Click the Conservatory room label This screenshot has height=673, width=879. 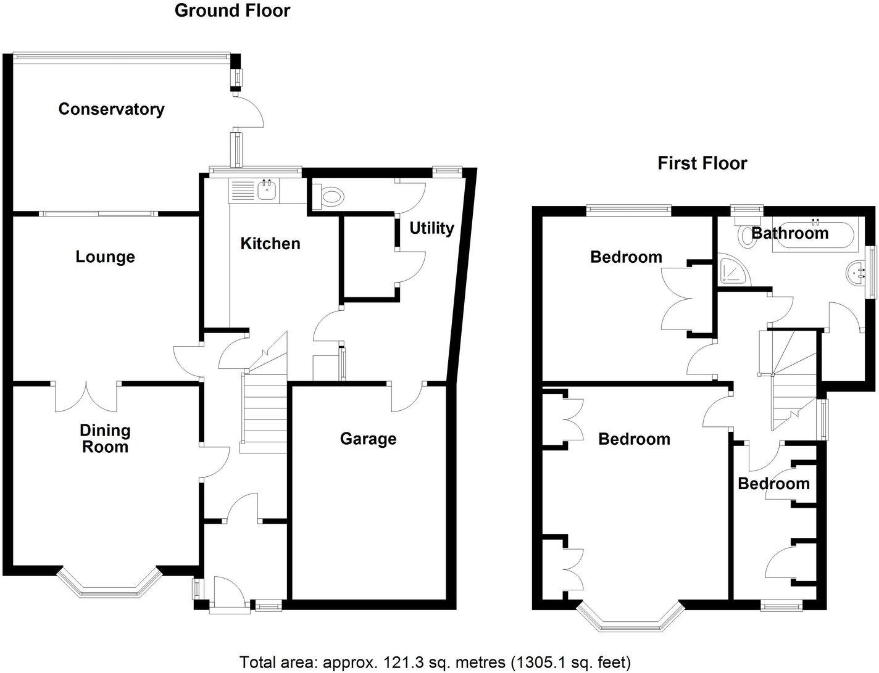(x=111, y=109)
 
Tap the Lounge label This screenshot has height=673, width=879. (x=105, y=257)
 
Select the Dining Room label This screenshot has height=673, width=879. (x=105, y=439)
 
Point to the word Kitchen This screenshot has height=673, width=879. (x=270, y=244)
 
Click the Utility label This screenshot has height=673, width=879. (x=431, y=228)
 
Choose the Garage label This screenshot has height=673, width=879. (x=368, y=439)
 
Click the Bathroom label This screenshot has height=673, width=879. (x=789, y=233)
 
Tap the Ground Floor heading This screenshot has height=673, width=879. (x=232, y=10)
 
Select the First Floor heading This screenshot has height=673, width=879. (x=702, y=163)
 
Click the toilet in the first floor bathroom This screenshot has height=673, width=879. (x=748, y=235)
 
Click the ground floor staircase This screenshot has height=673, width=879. (x=264, y=407)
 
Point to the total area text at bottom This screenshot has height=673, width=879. (x=435, y=663)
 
